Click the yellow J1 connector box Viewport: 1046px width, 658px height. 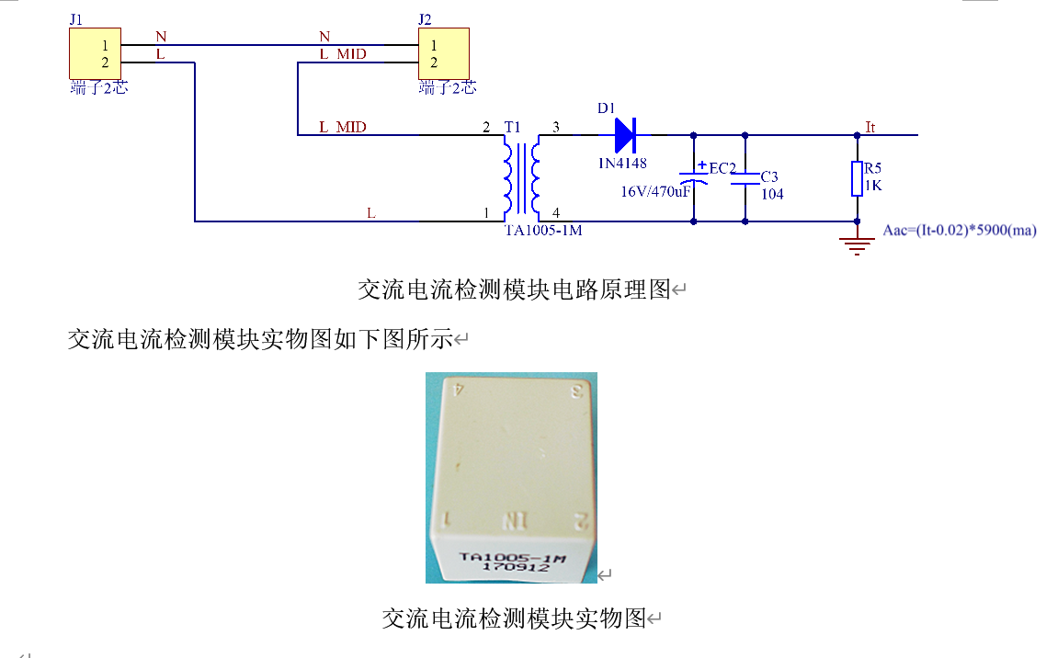(x=96, y=53)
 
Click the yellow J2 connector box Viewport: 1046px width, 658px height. (x=443, y=53)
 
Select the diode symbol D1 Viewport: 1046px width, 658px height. (x=625, y=135)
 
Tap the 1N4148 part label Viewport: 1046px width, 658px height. (x=622, y=164)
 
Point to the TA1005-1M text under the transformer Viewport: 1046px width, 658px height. (x=543, y=231)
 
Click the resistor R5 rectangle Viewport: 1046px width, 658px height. (x=857, y=178)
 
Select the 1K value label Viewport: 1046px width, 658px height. (x=873, y=185)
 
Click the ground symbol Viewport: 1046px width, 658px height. (x=857, y=244)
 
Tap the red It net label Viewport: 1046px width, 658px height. (x=870, y=127)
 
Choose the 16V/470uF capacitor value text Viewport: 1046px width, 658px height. (x=655, y=191)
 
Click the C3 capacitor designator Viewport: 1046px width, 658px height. (x=770, y=176)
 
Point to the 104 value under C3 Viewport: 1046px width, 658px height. (x=772, y=194)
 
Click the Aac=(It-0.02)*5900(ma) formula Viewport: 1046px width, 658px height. (x=959, y=230)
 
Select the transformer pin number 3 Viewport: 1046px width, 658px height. (x=555, y=126)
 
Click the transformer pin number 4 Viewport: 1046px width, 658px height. (x=555, y=212)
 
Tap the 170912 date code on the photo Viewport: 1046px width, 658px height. (x=517, y=568)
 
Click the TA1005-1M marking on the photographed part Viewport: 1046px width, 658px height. (x=511, y=556)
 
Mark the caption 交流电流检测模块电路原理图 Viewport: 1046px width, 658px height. (x=514, y=290)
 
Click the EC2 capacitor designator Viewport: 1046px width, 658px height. (x=722, y=168)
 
